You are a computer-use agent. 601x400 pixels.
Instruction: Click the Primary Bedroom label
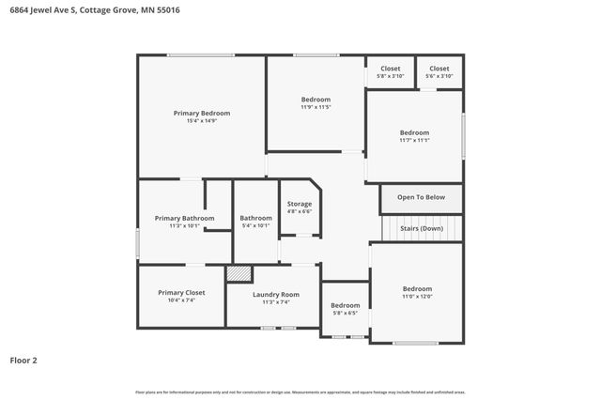(201, 113)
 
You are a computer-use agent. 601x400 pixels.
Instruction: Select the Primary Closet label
(181, 292)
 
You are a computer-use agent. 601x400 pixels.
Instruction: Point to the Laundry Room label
(276, 294)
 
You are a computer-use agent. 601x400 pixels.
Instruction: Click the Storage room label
(300, 204)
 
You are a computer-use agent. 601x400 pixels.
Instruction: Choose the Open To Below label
(421, 197)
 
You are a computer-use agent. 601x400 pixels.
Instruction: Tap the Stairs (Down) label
(421, 228)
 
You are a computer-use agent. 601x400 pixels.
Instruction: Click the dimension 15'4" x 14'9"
(201, 121)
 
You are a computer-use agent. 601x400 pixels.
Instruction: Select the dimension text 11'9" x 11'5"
(316, 107)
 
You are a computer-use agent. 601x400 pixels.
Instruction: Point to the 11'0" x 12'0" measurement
(417, 297)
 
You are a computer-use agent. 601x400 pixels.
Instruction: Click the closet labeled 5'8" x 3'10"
(390, 72)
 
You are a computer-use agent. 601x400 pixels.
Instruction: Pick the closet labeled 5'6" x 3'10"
(439, 72)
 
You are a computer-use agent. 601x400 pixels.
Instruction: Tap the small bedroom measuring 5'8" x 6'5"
(345, 309)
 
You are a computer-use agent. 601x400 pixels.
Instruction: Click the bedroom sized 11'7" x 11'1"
(414, 136)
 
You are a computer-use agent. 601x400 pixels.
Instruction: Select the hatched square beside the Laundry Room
(239, 273)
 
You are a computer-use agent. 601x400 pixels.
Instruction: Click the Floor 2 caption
(23, 360)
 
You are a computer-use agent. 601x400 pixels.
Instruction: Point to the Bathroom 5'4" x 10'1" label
(255, 222)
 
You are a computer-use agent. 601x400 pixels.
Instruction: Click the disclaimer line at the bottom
(300, 392)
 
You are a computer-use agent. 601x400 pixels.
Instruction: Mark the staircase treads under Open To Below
(421, 228)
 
